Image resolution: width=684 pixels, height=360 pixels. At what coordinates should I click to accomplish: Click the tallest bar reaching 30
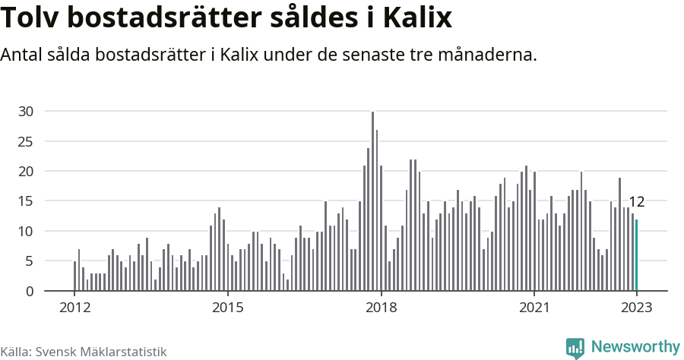pyautogui.click(x=372, y=201)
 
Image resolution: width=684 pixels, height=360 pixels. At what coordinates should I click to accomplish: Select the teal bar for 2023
pyautogui.click(x=637, y=255)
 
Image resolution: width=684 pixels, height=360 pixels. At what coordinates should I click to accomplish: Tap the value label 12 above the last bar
pyautogui.click(x=637, y=202)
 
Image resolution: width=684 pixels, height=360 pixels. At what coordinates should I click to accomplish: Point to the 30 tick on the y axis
pyautogui.click(x=26, y=112)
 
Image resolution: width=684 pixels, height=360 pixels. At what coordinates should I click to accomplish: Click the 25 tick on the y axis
pyautogui.click(x=26, y=141)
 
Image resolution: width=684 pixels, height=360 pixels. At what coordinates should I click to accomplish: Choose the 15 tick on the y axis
pyautogui.click(x=26, y=201)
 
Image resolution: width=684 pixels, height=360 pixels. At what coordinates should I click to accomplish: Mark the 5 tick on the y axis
pyautogui.click(x=30, y=261)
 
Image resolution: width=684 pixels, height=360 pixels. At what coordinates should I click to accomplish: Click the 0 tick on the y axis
pyautogui.click(x=30, y=291)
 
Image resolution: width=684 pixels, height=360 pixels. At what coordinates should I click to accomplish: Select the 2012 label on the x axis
pyautogui.click(x=74, y=308)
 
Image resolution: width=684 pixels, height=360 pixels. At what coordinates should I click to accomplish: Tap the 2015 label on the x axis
pyautogui.click(x=227, y=308)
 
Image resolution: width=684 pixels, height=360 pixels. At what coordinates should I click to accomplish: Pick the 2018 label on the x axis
pyautogui.click(x=381, y=308)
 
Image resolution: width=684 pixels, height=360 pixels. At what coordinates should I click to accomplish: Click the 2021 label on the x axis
pyautogui.click(x=534, y=308)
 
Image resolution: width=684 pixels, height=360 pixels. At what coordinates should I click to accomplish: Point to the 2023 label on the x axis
pyautogui.click(x=637, y=308)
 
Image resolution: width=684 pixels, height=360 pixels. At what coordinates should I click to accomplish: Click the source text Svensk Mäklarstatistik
pyautogui.click(x=100, y=352)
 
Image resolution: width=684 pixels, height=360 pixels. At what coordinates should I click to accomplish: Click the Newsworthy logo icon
pyautogui.click(x=575, y=348)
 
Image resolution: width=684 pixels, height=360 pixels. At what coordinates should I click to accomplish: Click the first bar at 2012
pyautogui.click(x=74, y=276)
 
